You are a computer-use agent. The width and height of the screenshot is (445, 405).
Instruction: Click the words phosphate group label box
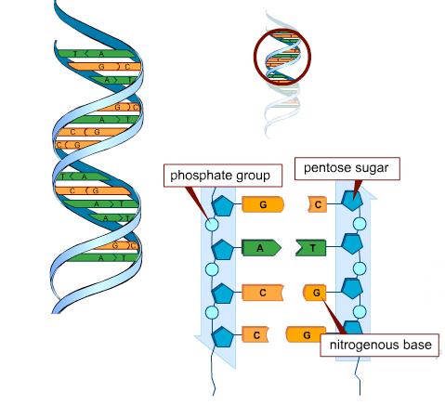[223, 176]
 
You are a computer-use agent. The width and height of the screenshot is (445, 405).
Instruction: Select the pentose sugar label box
[347, 168]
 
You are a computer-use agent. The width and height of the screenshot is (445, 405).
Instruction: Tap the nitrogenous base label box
[380, 345]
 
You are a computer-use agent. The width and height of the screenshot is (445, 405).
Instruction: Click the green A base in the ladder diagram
[261, 248]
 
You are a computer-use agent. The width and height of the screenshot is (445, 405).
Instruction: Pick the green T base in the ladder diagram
[311, 248]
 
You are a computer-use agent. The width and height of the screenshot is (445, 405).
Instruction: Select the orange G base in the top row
[263, 204]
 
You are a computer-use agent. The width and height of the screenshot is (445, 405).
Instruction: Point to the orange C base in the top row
[317, 204]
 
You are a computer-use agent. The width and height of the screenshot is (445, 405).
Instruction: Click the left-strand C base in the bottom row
[255, 335]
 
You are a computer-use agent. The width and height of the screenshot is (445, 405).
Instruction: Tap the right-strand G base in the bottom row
[306, 335]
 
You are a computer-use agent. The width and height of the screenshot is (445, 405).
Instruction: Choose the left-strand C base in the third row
[263, 293]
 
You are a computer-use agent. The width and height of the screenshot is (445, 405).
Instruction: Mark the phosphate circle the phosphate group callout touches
[212, 224]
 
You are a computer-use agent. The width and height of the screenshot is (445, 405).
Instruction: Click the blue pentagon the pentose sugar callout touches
[352, 201]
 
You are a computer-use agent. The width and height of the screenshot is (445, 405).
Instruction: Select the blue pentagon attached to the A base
[223, 249]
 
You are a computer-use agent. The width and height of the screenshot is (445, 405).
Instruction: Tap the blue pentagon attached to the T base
[352, 244]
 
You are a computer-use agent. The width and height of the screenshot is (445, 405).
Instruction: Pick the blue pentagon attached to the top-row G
[223, 205]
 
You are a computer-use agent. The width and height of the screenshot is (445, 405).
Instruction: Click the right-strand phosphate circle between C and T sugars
[360, 224]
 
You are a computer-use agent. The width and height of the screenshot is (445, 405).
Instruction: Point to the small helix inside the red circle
[282, 57]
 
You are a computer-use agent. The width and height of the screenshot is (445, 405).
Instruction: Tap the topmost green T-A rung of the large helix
[96, 54]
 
